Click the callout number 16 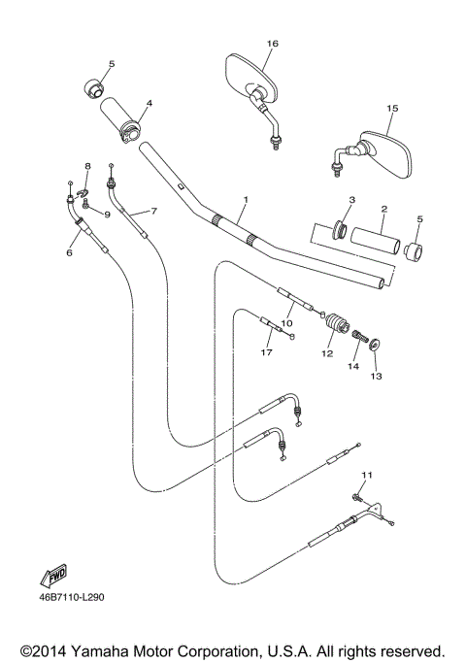click(x=273, y=44)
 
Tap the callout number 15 click(x=392, y=109)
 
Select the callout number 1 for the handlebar click(x=246, y=200)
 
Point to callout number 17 click(x=268, y=353)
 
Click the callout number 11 click(x=365, y=474)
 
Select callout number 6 click(x=69, y=252)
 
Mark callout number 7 click(x=151, y=210)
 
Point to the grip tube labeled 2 click(x=374, y=240)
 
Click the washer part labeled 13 click(x=376, y=343)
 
